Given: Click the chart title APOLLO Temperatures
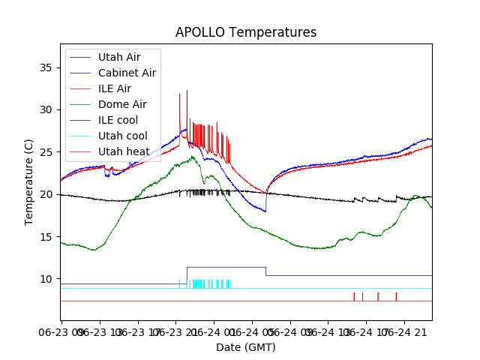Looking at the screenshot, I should (x=246, y=32).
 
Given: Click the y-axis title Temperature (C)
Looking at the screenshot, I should (x=29, y=181).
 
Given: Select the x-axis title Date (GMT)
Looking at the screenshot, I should (x=246, y=347).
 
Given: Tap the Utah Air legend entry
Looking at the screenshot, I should (x=118, y=56).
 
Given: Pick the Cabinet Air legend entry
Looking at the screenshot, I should (x=127, y=73).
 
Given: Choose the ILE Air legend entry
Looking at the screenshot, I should (x=114, y=88).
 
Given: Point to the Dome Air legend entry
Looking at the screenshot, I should (x=122, y=104).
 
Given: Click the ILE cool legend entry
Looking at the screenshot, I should (x=118, y=120).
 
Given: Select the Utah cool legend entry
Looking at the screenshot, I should (x=122, y=136).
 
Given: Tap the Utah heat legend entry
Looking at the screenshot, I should (x=122, y=151).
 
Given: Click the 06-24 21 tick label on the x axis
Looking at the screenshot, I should (x=409, y=331).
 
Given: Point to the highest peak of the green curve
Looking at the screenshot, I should (x=193, y=156).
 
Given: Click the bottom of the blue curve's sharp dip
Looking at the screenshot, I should (x=265, y=211).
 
